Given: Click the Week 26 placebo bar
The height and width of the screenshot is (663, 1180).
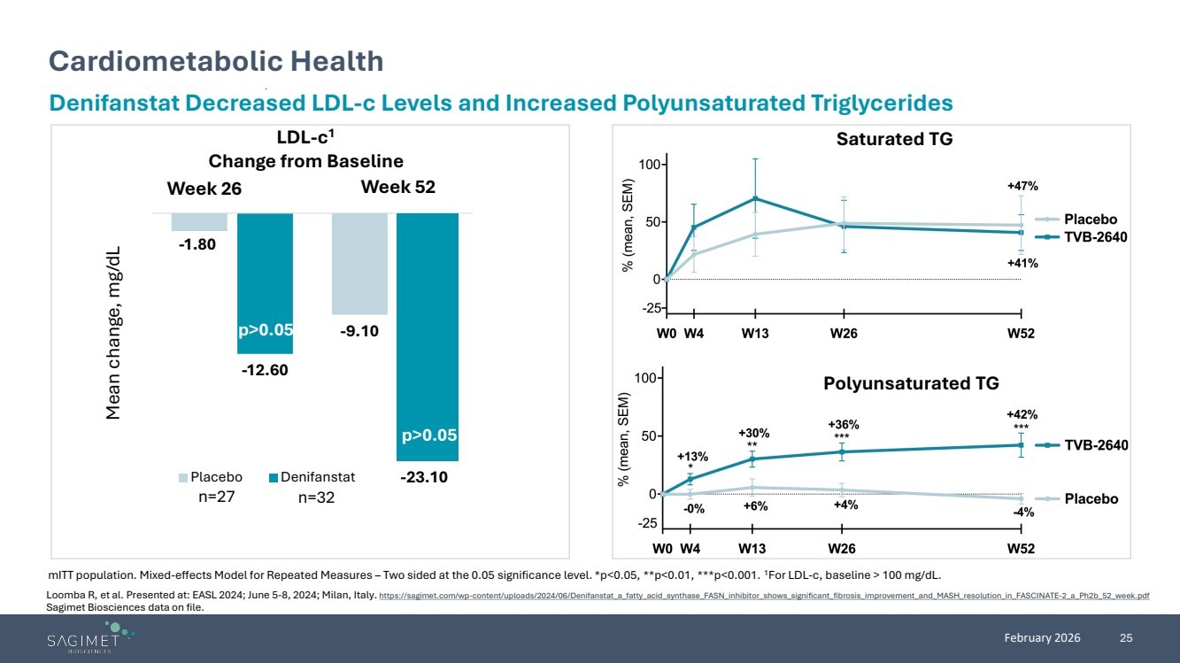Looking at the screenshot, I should point(199,222).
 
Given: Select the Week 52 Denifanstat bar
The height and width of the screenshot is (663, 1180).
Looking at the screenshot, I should point(428,336).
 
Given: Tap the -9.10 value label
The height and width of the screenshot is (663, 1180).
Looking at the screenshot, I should point(359,332).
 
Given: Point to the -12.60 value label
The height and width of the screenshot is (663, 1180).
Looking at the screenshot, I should point(265,370).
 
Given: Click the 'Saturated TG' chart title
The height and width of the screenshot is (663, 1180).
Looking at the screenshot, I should point(894,139).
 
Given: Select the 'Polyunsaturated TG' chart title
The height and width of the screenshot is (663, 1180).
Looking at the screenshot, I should point(911,383).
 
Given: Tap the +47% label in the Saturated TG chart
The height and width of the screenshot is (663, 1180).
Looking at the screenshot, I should point(1022,186).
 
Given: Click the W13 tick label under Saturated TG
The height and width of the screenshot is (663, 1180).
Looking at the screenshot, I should point(755,334).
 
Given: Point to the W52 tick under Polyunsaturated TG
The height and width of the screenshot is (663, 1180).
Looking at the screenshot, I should point(1021,548).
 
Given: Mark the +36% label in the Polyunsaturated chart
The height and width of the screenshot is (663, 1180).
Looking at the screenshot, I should point(843,425).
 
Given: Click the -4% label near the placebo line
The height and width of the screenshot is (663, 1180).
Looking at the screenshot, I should point(1023,513).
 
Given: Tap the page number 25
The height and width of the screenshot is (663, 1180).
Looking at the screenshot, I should point(1127,638).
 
